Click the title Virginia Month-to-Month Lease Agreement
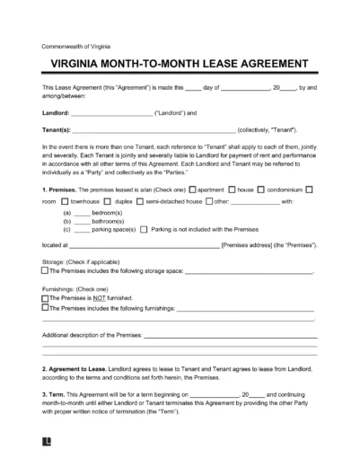tap(180, 65)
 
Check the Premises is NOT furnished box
tap(46, 299)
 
